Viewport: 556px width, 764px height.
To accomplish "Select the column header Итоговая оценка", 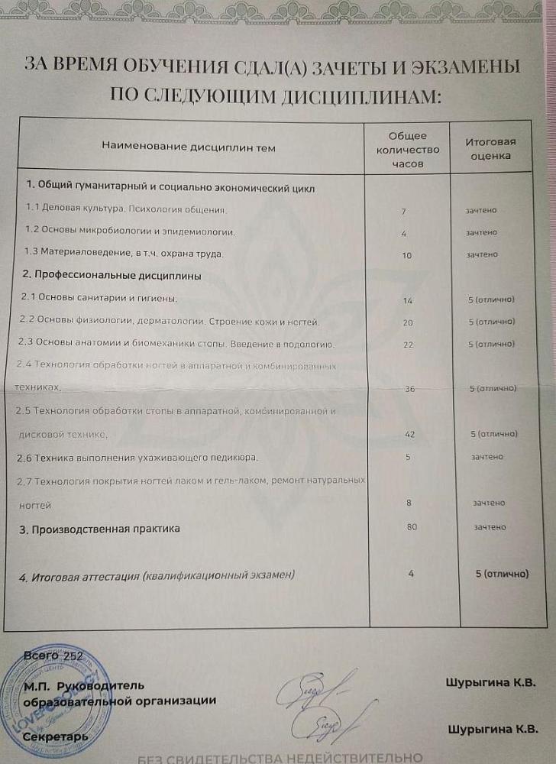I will tap(491, 148).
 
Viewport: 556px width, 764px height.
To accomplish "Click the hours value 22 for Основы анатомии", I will tap(408, 345).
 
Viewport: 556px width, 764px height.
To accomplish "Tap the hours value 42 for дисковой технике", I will tap(409, 434).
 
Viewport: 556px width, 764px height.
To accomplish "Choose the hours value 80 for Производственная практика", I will tap(410, 526).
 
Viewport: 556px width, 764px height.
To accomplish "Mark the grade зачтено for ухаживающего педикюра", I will tap(488, 457).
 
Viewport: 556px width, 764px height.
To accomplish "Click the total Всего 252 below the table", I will tap(53, 656).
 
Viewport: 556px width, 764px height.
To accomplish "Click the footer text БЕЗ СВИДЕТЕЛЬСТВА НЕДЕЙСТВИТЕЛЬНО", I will tap(279, 757).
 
